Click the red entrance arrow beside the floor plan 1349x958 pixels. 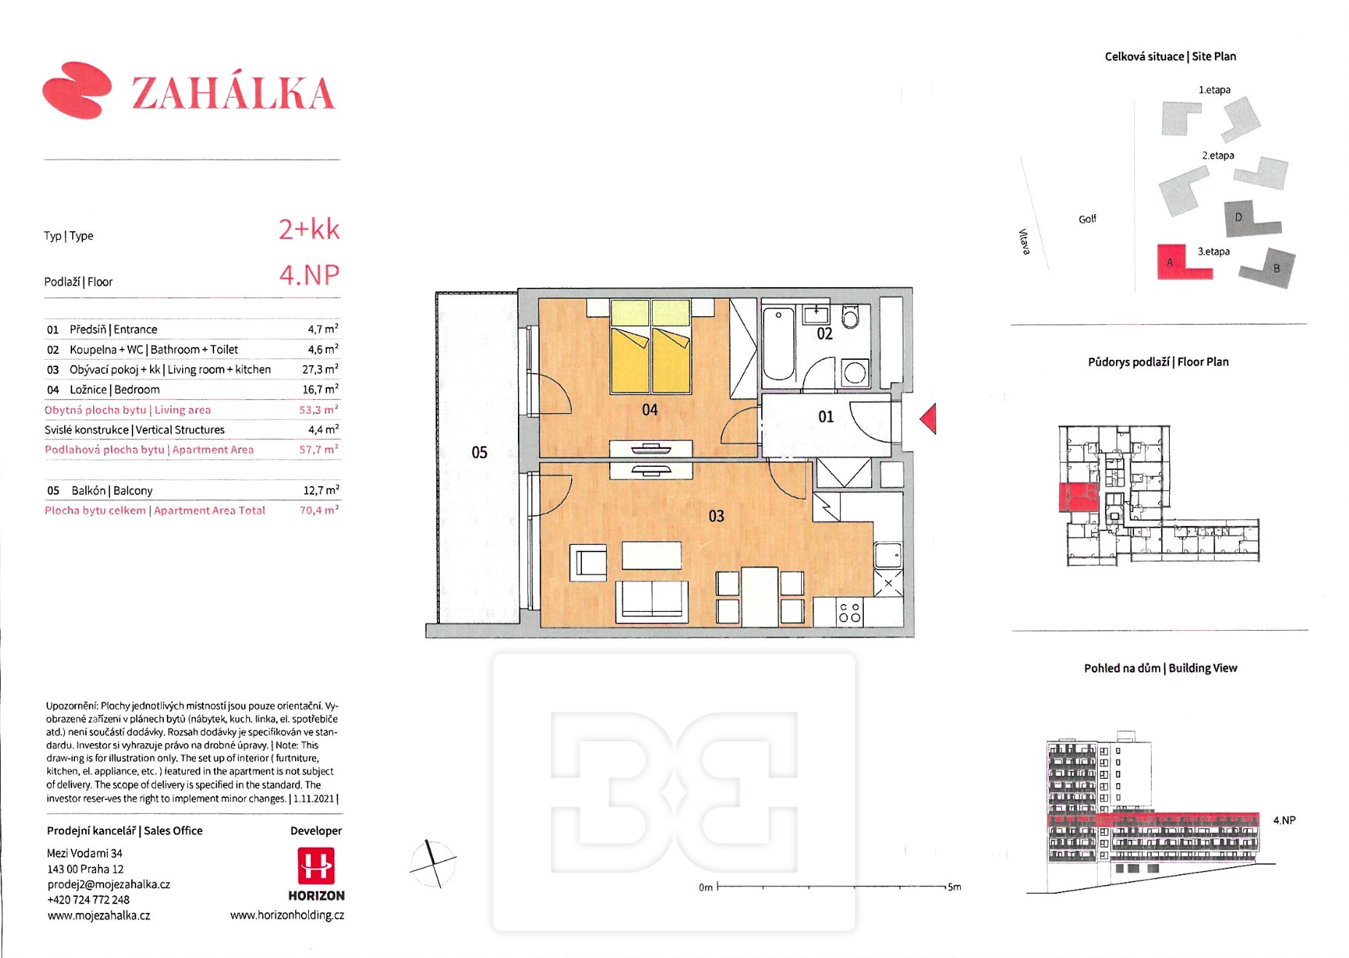(x=929, y=419)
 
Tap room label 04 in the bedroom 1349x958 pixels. (x=650, y=410)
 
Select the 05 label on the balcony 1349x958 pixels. (x=479, y=452)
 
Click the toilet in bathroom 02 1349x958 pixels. (x=851, y=317)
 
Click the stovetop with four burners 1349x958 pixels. (x=849, y=612)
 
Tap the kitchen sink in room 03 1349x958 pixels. (x=888, y=555)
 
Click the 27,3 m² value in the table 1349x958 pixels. (x=320, y=369)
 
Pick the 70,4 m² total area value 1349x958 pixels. (x=319, y=510)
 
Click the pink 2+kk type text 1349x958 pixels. (x=309, y=229)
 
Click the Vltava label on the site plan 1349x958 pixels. (x=1024, y=242)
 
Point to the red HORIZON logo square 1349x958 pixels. (x=316, y=865)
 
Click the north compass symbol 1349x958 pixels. (x=433, y=863)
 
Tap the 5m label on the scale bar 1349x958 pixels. (x=953, y=887)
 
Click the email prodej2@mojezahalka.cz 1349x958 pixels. (x=109, y=884)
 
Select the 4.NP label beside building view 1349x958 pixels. (x=1284, y=820)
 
